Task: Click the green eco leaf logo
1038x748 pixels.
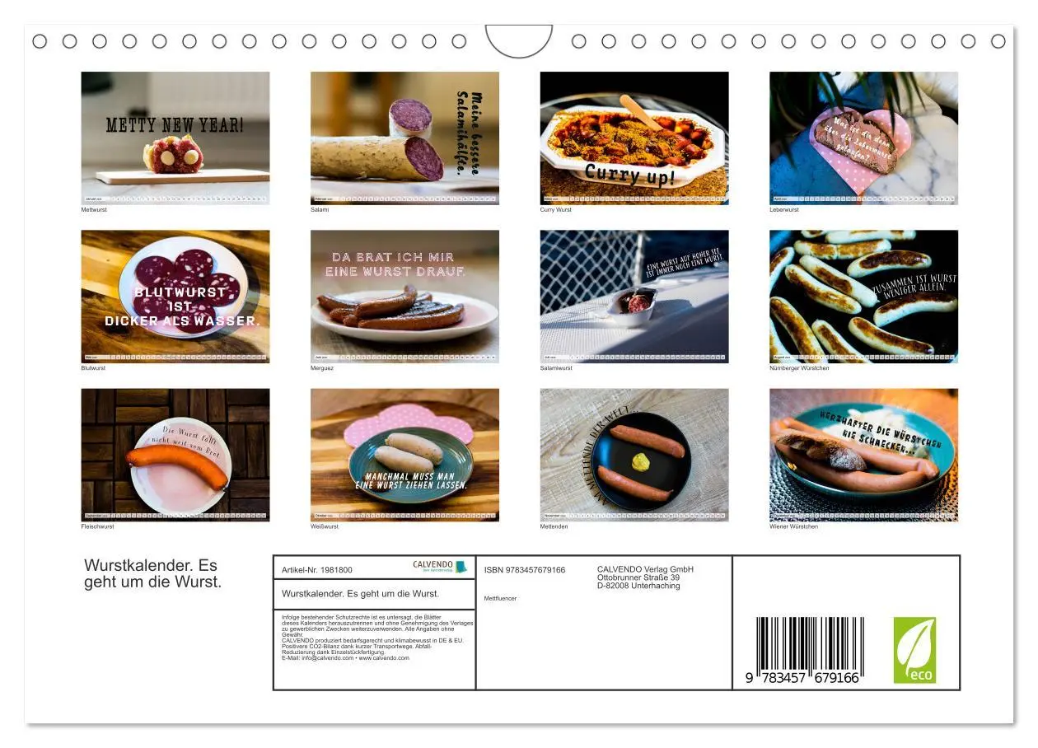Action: click(914, 650)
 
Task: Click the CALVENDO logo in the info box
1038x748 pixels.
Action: click(439, 567)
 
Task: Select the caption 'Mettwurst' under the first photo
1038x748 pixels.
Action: click(94, 210)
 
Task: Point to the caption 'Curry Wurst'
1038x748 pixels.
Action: click(555, 210)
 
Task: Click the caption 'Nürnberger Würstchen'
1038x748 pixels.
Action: click(799, 368)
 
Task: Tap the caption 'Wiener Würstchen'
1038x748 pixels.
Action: click(793, 526)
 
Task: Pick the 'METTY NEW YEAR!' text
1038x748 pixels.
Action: click(175, 125)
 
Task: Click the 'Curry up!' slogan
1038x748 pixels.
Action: click(630, 175)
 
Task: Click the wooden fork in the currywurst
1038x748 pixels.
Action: click(641, 113)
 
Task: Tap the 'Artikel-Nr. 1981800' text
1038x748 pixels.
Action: click(317, 570)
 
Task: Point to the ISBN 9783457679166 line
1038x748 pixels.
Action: click(525, 570)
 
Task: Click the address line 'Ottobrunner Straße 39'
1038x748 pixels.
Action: click(638, 577)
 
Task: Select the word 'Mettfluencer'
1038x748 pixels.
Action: click(500, 598)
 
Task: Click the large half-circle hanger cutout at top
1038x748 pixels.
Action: click(518, 40)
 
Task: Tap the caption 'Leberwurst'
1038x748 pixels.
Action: click(784, 210)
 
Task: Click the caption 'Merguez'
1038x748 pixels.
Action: click(322, 368)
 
